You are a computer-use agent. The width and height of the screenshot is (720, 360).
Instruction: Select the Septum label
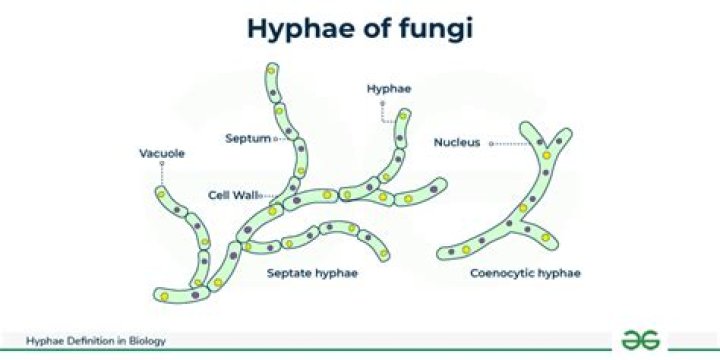click(x=247, y=138)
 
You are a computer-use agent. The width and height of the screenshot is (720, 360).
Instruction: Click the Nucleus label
click(x=457, y=143)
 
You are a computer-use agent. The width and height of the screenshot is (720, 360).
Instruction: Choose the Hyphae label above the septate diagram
click(x=389, y=89)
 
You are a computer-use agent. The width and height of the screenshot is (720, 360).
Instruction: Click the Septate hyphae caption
click(x=312, y=272)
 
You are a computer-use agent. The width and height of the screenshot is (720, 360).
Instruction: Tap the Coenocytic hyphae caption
click(x=526, y=272)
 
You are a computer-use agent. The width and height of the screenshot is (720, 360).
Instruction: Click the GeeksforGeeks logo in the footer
click(x=641, y=339)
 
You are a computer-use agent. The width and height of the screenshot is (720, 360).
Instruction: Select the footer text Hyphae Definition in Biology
click(x=95, y=341)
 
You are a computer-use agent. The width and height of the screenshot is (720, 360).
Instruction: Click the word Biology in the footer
click(x=148, y=341)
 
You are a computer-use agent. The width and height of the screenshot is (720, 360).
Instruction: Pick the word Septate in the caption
click(x=291, y=272)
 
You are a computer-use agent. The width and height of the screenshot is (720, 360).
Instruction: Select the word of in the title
click(x=375, y=30)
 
